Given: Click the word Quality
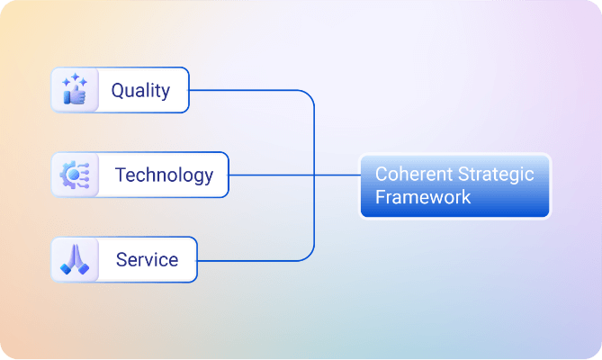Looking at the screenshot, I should pos(139,91).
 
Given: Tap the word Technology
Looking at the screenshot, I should pos(164,175).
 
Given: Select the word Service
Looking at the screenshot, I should pos(147,260).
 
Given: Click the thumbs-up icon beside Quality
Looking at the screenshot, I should pos(74,94).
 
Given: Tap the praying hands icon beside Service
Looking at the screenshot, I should pos(74,260).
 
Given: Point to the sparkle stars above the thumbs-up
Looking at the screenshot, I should pos(70,81).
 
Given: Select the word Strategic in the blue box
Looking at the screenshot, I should pos(493,175).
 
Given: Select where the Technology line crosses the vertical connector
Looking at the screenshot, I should pos(314,175).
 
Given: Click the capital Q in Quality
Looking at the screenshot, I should pos(118,91).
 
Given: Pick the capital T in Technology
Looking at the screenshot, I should pos(121,175).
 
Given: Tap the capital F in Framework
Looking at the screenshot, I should pos(380,197).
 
